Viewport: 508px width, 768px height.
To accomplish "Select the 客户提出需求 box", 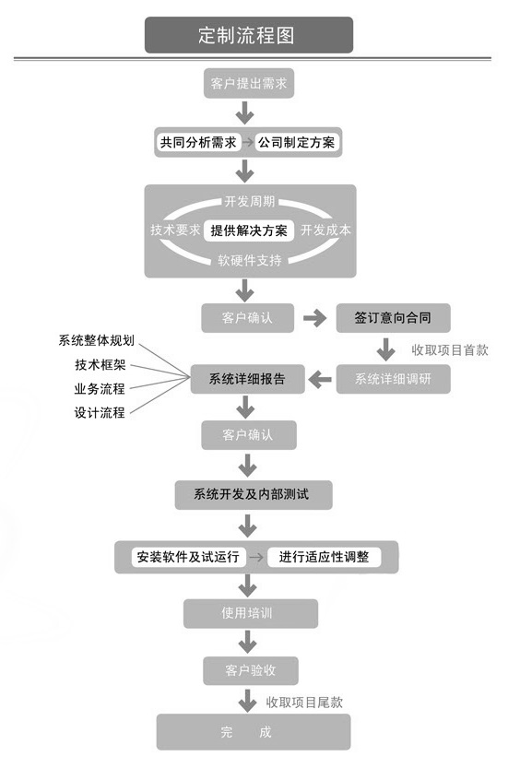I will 248,86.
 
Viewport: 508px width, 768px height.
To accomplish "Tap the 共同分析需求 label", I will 198,143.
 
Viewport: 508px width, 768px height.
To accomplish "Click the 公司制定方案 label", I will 297,143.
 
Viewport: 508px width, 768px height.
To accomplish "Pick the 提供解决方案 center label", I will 248,230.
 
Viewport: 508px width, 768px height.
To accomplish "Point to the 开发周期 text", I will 249,201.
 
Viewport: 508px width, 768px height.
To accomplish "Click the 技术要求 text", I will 175,230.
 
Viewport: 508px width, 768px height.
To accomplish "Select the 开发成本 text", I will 325,230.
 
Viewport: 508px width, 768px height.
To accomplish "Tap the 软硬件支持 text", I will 249,260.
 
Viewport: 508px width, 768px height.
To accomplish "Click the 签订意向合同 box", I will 393,318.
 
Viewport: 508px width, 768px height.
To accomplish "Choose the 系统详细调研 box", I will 393,378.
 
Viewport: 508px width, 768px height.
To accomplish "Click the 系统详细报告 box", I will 247,378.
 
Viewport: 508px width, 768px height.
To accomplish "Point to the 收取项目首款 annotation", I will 450,349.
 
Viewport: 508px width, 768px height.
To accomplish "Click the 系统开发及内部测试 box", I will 252,495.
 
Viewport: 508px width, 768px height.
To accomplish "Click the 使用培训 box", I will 250,613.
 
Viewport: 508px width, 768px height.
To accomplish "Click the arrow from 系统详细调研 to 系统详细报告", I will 319,378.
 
